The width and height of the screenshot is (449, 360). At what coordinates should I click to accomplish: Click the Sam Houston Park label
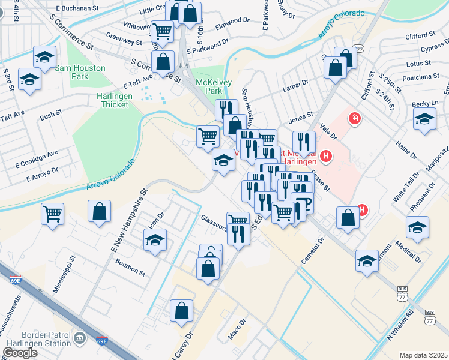[x=80, y=73]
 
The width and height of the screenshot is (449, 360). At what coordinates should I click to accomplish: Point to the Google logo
[x=20, y=353]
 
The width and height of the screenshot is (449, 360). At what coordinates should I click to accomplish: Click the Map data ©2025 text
[x=423, y=355]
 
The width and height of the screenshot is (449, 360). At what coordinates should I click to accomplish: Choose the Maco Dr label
[x=237, y=329]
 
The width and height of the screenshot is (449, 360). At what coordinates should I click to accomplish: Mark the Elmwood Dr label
[x=232, y=23]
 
